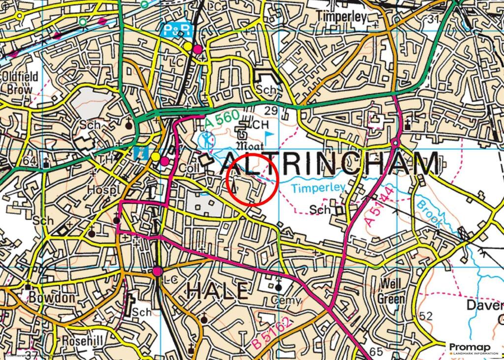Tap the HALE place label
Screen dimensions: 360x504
click(x=217, y=291)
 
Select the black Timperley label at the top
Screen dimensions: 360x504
click(x=343, y=17)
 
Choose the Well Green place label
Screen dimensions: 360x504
click(x=391, y=292)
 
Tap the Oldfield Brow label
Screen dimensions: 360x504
click(x=18, y=83)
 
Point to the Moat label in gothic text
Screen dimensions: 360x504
click(x=251, y=146)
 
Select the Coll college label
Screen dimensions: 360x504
click(x=189, y=168)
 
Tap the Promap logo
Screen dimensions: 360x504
click(x=470, y=349)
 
